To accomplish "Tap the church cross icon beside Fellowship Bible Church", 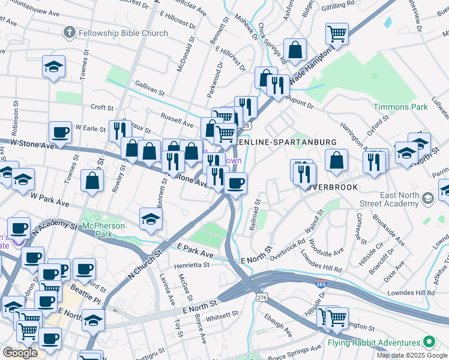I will [x=70, y=32].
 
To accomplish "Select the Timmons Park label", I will [x=400, y=107].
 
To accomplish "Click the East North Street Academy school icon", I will [x=427, y=198].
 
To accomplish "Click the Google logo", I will [x=20, y=353].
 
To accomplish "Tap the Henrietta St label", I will [x=191, y=264].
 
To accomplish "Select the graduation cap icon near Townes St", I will [x=53, y=67].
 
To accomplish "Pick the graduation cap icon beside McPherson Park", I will [x=151, y=218].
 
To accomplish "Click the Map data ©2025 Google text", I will [x=411, y=355].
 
